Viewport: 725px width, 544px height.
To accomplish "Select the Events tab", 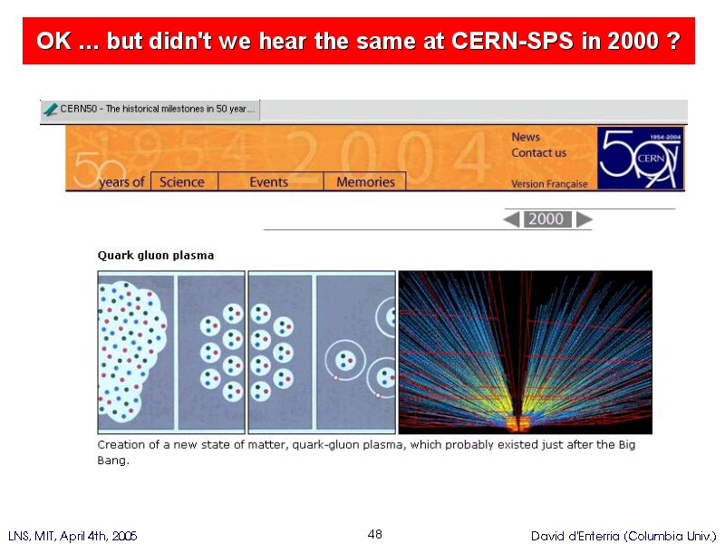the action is [269, 182].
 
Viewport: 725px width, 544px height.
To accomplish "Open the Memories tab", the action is [365, 182].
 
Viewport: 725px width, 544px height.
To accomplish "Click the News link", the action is [526, 137].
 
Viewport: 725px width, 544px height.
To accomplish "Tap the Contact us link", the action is [538, 152].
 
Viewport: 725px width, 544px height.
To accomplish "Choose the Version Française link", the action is [549, 184].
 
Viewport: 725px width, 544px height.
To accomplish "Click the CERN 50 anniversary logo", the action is [641, 158].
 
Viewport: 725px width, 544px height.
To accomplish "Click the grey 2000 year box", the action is [547, 219].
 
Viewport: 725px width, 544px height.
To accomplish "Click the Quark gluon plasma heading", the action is [156, 256].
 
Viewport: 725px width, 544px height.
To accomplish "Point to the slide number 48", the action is [375, 534].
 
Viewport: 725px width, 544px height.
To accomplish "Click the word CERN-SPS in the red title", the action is [512, 41].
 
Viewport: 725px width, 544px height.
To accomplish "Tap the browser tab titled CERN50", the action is [150, 110].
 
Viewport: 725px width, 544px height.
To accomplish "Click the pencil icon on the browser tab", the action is [51, 110].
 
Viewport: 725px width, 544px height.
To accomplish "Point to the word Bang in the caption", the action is [111, 461].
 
